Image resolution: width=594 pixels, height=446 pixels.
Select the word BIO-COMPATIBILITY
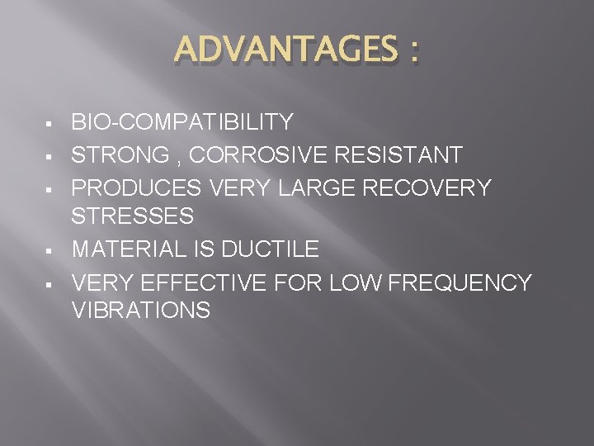coord(182,123)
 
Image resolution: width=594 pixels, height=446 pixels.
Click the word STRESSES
coord(133,217)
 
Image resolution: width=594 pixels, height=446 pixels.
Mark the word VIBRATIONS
coord(141,311)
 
